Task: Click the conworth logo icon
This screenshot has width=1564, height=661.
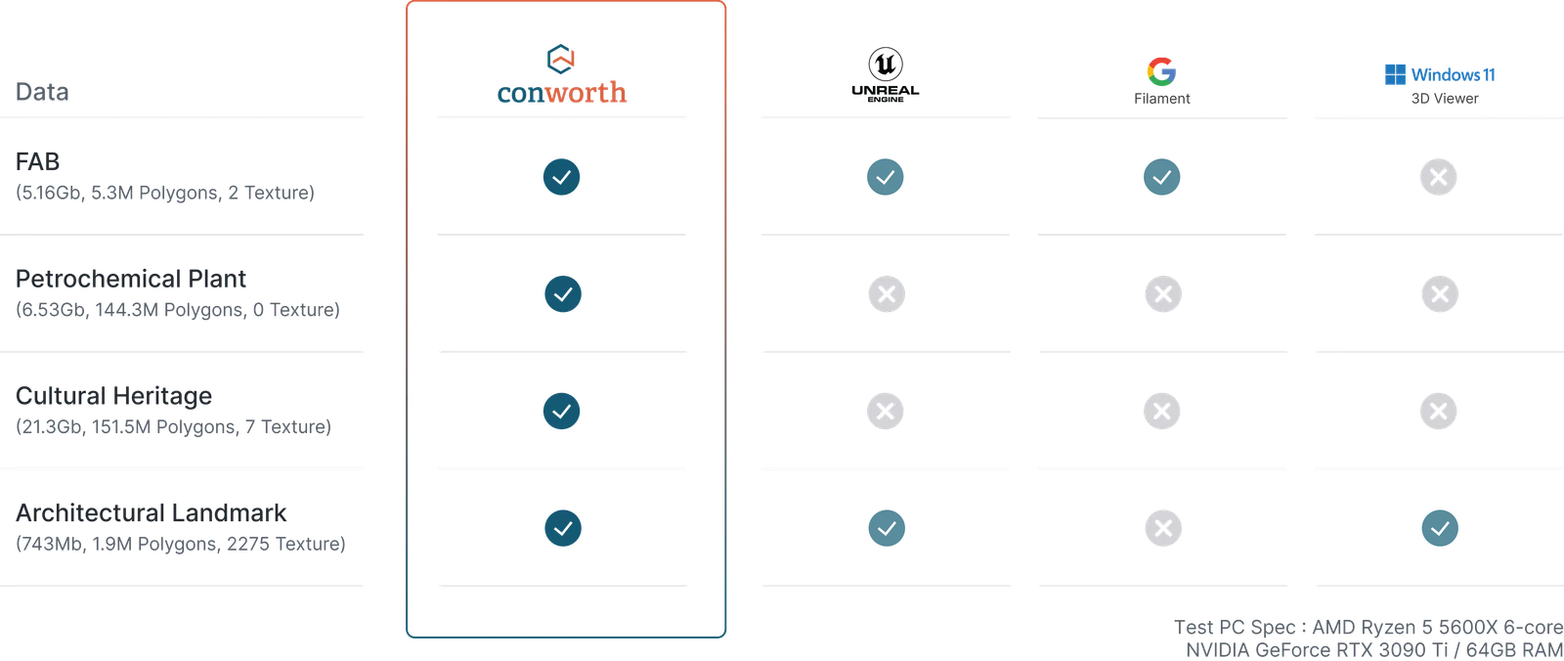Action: click(x=560, y=60)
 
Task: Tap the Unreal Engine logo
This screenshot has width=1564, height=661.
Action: click(x=886, y=74)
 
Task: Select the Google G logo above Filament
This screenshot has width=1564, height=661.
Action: click(x=1162, y=71)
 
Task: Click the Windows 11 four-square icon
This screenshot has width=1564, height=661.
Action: click(x=1395, y=74)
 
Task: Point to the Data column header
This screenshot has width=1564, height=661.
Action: click(x=42, y=92)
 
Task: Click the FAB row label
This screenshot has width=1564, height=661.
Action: click(x=38, y=161)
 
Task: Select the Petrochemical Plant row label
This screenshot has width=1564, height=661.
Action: click(x=131, y=279)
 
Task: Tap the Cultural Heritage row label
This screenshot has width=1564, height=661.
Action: click(x=113, y=396)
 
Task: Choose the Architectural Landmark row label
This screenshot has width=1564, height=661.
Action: click(x=151, y=513)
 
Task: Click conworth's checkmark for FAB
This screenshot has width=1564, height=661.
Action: click(x=561, y=177)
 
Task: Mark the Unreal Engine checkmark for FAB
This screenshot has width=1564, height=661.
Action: click(x=886, y=177)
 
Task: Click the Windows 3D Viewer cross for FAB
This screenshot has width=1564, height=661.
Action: click(x=1438, y=177)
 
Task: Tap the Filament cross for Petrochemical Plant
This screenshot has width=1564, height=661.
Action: click(x=1163, y=294)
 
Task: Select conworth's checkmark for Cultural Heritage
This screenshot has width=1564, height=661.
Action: click(x=561, y=411)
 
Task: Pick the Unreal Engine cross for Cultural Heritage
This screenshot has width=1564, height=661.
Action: click(x=886, y=411)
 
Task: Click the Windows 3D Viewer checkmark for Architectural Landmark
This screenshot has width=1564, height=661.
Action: click(x=1440, y=528)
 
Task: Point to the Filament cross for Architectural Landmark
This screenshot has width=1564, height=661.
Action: click(x=1163, y=528)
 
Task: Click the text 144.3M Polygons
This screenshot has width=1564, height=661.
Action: click(x=170, y=310)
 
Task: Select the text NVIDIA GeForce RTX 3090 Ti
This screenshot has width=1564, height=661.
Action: click(x=1317, y=650)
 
